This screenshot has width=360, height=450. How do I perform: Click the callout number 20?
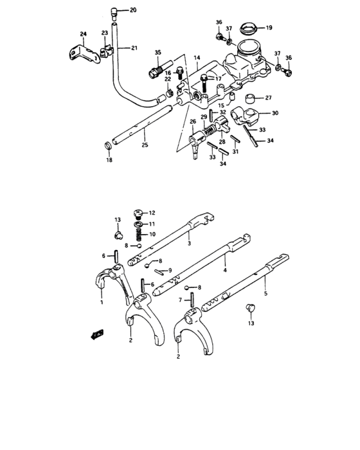coord(133,10)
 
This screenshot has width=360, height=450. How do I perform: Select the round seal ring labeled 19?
coord(248,28)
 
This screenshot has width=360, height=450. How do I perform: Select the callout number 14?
coord(196,58)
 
